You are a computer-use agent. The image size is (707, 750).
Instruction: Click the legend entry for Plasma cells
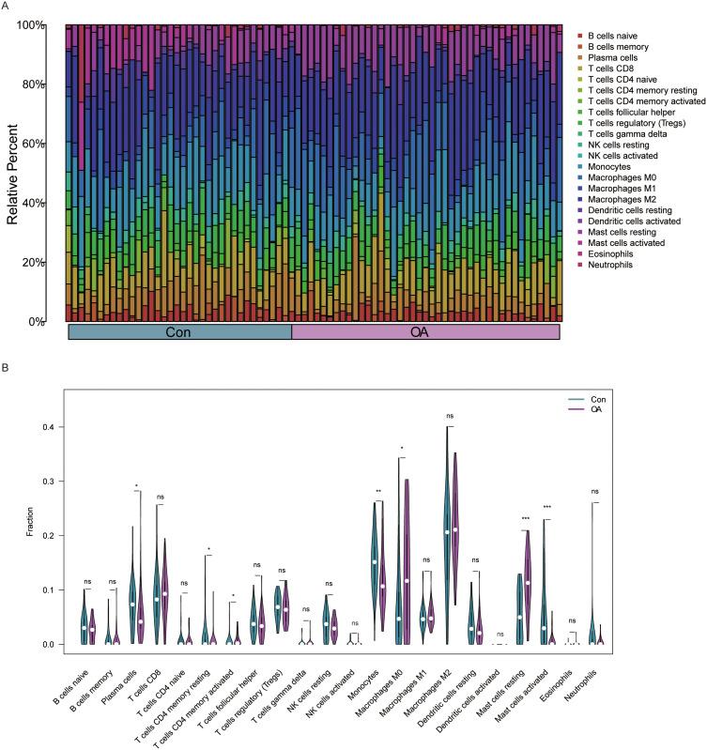pyautogui.click(x=616, y=57)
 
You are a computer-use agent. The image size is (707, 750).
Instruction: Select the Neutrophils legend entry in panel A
pyautogui.click(x=616, y=265)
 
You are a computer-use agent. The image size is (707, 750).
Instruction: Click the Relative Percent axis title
pyautogui.click(x=14, y=173)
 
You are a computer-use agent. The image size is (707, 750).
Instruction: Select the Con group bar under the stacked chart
pyautogui.click(x=180, y=332)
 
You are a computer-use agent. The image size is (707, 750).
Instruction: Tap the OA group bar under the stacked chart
pyautogui.click(x=426, y=332)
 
